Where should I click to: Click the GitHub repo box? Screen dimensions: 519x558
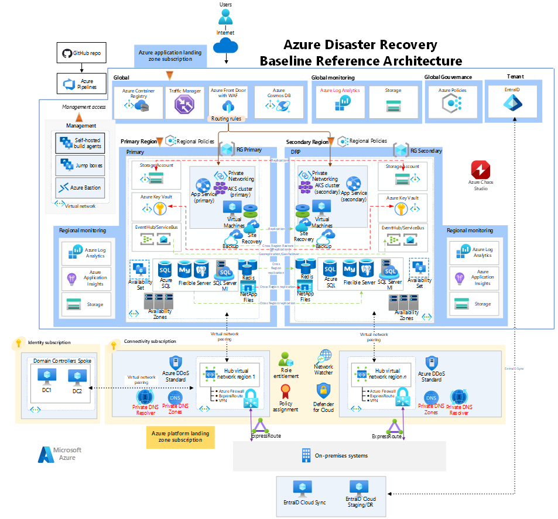coord(82,54)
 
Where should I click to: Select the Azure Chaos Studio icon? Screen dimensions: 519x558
coord(481,171)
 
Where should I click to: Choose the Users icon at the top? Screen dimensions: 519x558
coord(225,16)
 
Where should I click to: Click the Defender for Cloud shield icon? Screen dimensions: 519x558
coord(324,390)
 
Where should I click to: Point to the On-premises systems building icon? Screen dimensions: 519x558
coord(306,455)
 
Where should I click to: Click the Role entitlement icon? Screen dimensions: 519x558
coord(286,359)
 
